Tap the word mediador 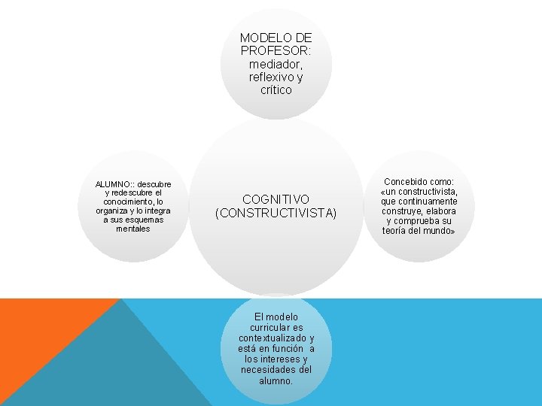click(276, 64)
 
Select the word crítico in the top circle click(276, 90)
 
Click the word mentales click(132, 229)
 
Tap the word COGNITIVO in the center click(276, 199)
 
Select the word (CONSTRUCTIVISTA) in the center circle click(276, 214)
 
